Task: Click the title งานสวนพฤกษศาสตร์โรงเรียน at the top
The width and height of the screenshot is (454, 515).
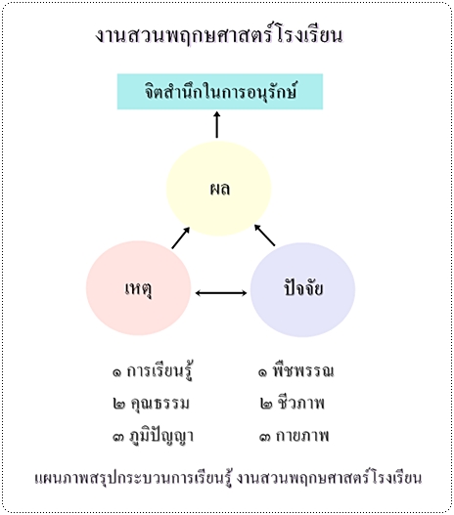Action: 219,34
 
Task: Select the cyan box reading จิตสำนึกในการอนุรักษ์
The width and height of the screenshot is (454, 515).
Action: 220,91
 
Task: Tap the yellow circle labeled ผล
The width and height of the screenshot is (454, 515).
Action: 218,189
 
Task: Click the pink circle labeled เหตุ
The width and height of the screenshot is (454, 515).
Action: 138,288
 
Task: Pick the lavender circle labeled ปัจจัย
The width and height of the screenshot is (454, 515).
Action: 302,289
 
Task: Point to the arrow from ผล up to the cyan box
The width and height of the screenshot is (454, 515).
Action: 216,124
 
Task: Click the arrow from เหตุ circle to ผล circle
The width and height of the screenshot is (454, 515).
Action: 181,237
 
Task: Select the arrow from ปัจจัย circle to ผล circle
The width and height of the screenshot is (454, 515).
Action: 264,236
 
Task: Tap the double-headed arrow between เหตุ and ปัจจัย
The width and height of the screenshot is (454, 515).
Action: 221,292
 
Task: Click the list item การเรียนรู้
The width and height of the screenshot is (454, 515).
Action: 159,370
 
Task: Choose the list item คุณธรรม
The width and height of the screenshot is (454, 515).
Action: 159,404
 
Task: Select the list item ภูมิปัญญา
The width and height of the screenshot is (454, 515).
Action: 161,436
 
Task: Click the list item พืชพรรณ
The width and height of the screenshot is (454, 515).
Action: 303,370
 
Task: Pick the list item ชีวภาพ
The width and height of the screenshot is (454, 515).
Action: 300,403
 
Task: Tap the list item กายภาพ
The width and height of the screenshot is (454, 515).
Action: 302,436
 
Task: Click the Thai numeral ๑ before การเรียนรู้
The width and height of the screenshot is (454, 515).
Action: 116,372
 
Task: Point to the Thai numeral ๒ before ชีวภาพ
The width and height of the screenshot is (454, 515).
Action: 266,404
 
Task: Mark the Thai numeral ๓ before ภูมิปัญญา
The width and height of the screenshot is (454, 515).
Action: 118,437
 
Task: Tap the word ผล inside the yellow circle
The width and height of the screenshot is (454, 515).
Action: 220,189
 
